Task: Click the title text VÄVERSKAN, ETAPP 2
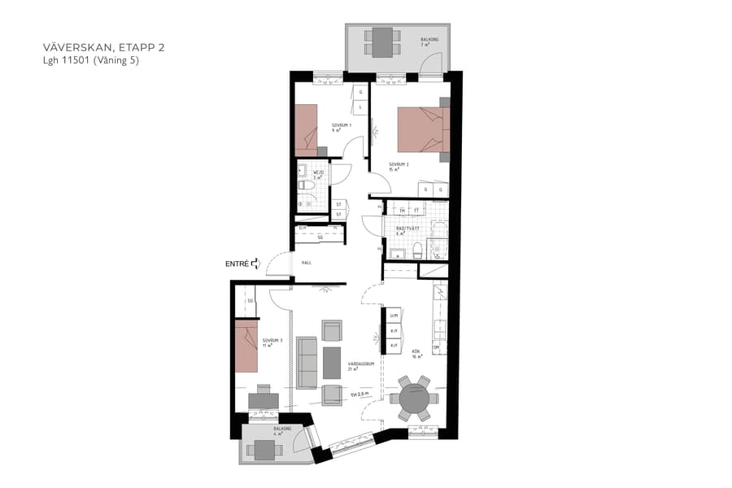pos(102,48)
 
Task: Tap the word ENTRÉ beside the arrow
pos(237,264)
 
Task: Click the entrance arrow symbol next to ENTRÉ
pos(255,263)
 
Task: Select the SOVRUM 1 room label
pos(340,127)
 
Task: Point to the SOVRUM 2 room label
pos(398,168)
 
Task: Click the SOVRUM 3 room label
pos(272,342)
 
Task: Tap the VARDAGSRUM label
pos(360,366)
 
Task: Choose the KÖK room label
pos(416,354)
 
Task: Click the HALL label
pos(307,263)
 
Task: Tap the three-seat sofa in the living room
pos(307,363)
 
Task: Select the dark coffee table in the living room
pos(332,363)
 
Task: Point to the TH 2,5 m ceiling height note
pos(361,394)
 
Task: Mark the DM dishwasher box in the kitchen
pos(436,348)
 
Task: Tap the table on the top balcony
pos(382,41)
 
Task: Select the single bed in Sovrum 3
pos(246,346)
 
